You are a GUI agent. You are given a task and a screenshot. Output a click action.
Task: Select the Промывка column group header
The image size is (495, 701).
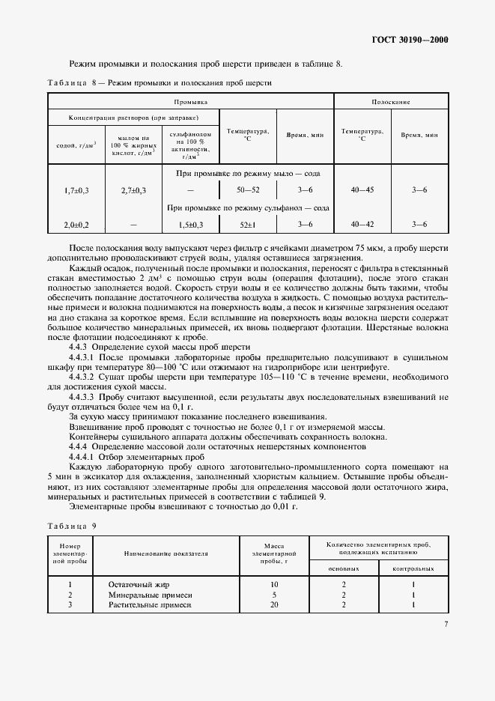[x=190, y=101]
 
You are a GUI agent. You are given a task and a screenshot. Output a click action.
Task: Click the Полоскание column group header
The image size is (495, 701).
[x=390, y=101]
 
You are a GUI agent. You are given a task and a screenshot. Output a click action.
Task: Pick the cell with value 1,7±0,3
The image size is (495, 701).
[x=76, y=191]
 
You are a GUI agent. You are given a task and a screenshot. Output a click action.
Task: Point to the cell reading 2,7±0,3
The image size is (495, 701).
[x=133, y=191]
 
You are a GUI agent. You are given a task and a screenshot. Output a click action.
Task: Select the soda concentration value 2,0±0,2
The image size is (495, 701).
[x=76, y=224]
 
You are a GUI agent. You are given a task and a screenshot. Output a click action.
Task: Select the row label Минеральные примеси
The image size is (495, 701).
[x=144, y=594]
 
